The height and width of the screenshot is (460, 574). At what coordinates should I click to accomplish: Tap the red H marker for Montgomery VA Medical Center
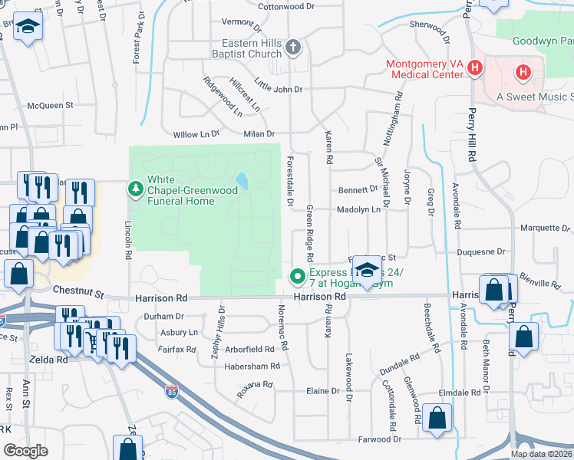coord(475,68)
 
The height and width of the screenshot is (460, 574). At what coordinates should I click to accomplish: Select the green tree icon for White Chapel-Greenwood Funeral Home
coord(136,188)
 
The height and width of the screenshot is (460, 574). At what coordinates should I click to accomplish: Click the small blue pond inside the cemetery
coord(242,182)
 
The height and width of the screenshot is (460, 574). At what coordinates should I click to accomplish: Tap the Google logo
coord(25,451)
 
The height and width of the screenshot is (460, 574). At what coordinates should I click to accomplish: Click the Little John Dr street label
coord(279,89)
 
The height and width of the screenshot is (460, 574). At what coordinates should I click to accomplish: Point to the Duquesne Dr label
coord(482,251)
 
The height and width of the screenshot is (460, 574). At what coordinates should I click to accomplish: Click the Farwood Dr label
coord(381,439)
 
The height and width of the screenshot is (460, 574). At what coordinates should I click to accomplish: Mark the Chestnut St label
coord(78,291)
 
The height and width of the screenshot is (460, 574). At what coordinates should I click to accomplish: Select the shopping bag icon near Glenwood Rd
coord(437,418)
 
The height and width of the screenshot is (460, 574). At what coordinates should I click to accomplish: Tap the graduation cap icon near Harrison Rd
coord(369,270)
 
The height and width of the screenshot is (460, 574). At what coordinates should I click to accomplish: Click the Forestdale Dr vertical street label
coord(290,189)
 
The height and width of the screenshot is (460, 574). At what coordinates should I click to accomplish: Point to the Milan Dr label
coord(259,133)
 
